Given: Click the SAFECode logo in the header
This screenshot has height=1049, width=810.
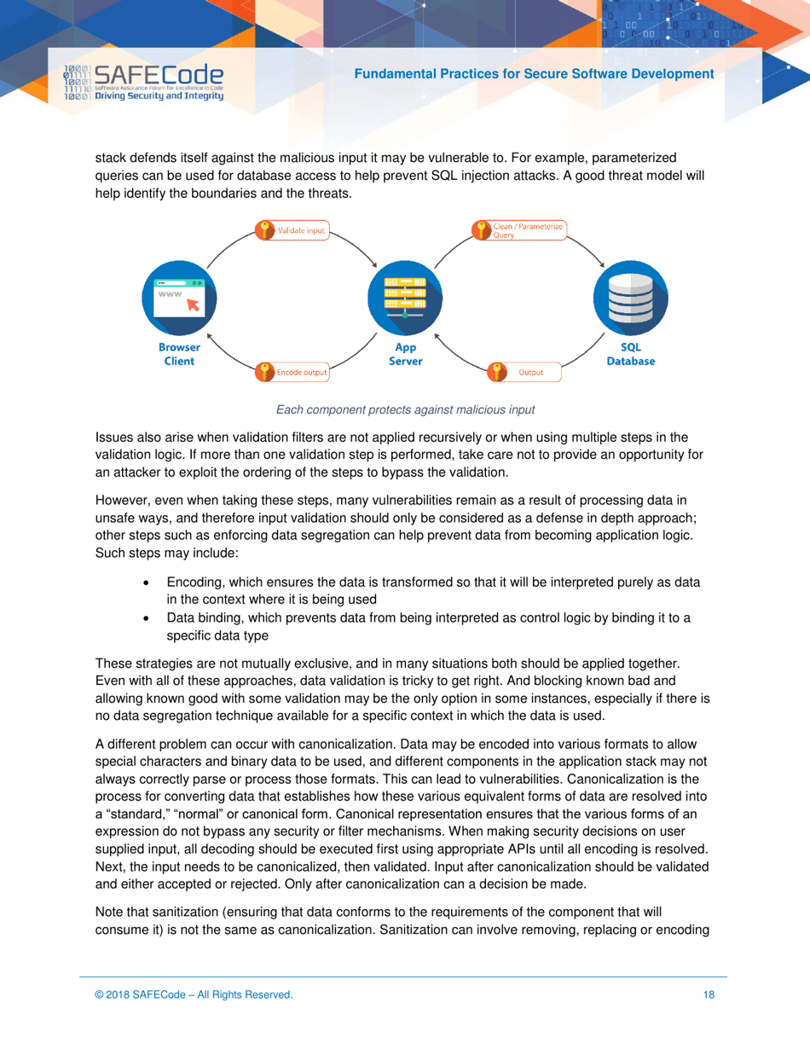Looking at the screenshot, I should (143, 84).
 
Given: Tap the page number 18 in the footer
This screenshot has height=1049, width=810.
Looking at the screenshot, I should (709, 994).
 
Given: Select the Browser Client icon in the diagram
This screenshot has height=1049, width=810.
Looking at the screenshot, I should (179, 298).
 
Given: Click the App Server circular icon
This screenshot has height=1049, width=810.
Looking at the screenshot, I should (405, 298).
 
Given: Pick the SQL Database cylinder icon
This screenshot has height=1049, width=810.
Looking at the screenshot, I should (630, 298).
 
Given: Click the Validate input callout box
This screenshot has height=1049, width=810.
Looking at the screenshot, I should (293, 230).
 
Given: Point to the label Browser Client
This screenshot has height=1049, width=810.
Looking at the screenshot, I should (179, 354).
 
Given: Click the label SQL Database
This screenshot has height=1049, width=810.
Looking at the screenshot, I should (631, 354).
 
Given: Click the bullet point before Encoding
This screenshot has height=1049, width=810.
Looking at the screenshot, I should (148, 582).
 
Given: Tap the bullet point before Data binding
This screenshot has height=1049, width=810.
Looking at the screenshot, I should (148, 620).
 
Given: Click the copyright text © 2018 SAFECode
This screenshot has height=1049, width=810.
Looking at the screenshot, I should (194, 994).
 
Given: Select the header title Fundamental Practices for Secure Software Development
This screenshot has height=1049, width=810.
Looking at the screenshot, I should (533, 74).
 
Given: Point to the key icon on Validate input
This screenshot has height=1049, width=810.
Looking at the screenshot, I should (266, 230).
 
